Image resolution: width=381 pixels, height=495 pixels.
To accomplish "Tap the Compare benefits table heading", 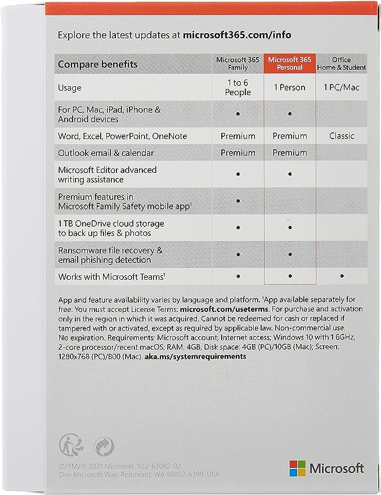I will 98,64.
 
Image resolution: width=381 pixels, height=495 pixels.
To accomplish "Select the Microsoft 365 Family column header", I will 238,64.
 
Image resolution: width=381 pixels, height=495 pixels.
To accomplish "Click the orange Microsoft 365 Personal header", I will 289,64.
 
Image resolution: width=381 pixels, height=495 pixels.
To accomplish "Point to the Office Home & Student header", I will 341,64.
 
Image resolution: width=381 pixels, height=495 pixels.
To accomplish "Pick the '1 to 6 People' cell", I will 238,88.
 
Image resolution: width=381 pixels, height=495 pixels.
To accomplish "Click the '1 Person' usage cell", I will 289,88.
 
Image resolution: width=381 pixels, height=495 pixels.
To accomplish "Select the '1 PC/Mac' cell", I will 341,88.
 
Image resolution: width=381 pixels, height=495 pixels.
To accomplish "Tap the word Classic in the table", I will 341,136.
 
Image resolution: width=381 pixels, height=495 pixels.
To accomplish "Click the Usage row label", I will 70,88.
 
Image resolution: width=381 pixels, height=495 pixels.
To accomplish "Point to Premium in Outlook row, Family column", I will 238,153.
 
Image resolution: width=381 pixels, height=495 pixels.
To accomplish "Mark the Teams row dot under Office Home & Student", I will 341,277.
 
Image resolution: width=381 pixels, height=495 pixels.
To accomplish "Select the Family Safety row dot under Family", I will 238,201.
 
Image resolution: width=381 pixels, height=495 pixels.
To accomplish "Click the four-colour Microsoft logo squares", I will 297,467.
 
